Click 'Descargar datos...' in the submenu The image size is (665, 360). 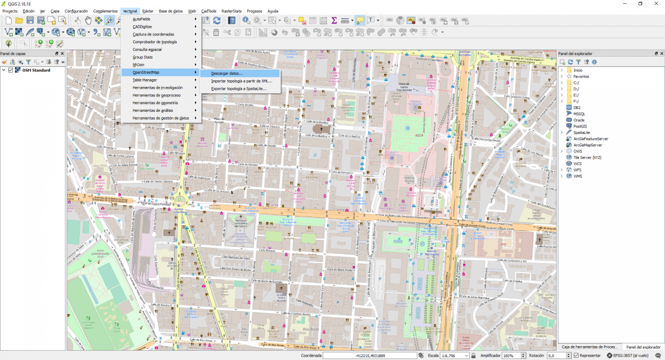coord(227,73)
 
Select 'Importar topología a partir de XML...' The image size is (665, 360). coord(242,81)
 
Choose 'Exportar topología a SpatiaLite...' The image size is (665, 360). coord(239,89)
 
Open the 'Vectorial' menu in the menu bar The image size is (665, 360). coord(130,11)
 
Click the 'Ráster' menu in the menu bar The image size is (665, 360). coord(147,11)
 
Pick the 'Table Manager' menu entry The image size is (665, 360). coord(145,80)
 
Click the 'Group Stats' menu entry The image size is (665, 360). coord(142,57)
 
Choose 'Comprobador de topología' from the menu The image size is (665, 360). coord(155,42)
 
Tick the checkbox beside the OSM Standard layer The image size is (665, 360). coord(11,70)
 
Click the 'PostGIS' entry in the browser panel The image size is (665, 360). coord(581,126)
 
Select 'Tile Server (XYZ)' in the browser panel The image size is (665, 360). coord(587,157)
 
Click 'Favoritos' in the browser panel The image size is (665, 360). coord(581,76)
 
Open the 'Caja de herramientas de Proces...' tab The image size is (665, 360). coord(589,347)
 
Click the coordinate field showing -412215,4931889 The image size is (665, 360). coord(370,356)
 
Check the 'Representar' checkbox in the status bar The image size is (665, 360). coord(576,356)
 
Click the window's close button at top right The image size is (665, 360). coord(656,4)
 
